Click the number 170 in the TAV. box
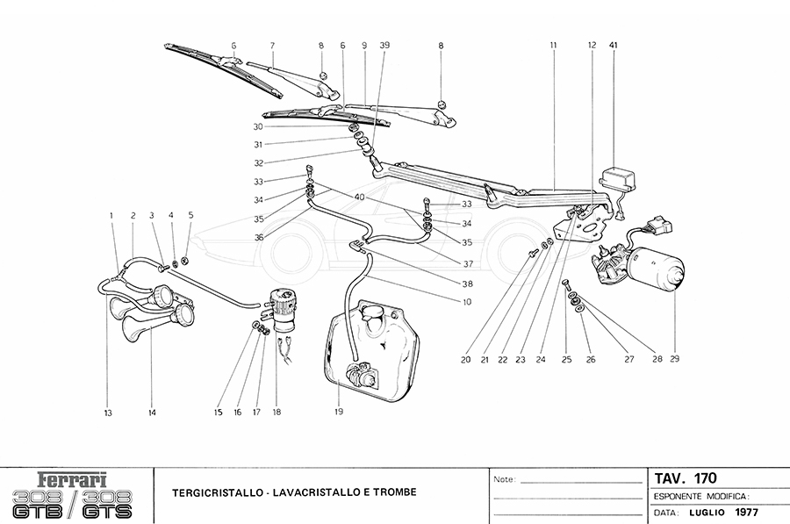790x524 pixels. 705,478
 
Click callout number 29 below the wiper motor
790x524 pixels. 674,358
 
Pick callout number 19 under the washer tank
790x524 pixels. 339,411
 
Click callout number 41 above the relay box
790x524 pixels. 614,45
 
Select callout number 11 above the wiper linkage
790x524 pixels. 554,45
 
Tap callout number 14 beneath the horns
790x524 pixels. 152,413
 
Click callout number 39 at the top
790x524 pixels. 385,45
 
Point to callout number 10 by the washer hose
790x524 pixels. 467,302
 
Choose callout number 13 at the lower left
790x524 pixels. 108,413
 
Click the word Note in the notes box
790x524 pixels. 504,480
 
